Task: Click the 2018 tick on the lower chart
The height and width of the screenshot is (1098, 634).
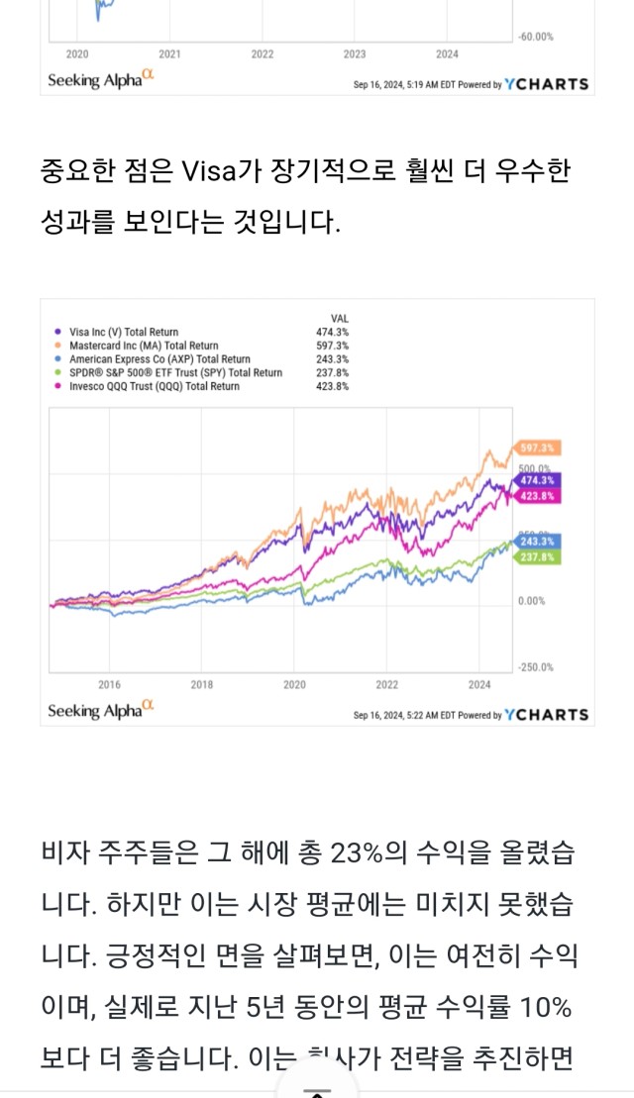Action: point(202,684)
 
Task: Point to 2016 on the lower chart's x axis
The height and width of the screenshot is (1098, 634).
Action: point(109,684)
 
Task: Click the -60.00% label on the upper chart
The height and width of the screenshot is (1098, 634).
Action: point(536,37)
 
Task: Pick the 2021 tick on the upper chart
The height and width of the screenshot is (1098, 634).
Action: point(169,54)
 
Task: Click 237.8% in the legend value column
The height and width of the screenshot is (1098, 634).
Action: point(332,373)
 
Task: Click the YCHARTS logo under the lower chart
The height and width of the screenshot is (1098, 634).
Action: point(546,714)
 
